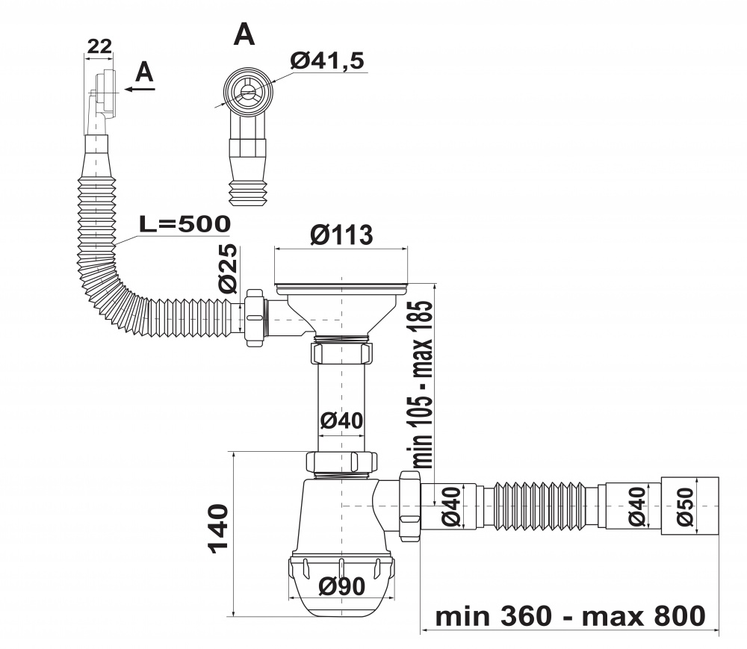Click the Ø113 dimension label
[341, 235]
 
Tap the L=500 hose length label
[185, 224]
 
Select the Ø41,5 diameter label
[327, 60]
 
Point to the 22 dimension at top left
[99, 46]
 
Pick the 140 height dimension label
[218, 529]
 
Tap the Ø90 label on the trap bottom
[341, 586]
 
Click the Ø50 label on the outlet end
[685, 506]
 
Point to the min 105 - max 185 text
[422, 384]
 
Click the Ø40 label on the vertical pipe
[341, 420]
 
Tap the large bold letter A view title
[244, 34]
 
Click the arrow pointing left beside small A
[140, 89]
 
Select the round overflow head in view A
[248, 90]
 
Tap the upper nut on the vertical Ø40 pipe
[341, 353]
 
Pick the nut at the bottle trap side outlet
[409, 506]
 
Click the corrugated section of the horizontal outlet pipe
[541, 506]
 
